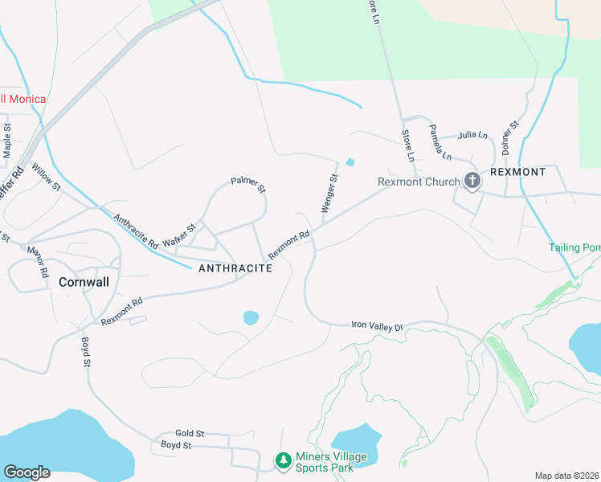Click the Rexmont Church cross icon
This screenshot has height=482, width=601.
[472, 182]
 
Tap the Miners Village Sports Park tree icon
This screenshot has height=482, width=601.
[283, 461]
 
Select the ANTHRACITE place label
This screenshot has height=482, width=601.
[235, 268]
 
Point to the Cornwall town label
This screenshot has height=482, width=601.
[84, 282]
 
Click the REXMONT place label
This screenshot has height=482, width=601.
[518, 172]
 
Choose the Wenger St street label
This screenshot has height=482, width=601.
[329, 193]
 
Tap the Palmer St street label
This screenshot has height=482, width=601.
[248, 185]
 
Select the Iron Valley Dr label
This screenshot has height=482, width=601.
[376, 325]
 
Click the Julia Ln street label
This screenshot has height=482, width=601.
[472, 135]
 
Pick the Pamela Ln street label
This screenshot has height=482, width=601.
[440, 141]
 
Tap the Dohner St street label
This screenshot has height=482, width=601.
[509, 134]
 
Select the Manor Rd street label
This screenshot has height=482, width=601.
[38, 262]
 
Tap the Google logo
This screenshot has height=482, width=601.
[27, 472]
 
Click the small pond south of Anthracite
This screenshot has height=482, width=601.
[251, 317]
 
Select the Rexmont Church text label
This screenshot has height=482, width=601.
[418, 182]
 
